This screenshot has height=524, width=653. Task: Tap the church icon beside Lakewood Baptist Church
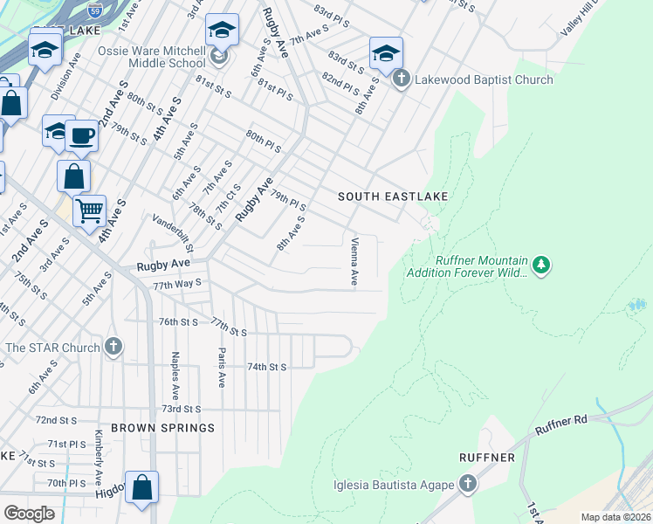point(401,79)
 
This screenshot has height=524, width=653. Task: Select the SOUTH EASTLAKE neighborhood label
point(393,196)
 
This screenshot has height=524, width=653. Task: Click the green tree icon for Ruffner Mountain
point(541,264)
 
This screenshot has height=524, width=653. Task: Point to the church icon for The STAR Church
point(113,347)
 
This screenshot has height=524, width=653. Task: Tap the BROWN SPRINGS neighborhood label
point(163,428)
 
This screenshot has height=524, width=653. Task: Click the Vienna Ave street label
point(354,261)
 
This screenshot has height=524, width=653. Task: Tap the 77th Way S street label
point(177,284)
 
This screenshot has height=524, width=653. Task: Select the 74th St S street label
point(267,368)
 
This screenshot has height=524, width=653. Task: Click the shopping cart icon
point(89,210)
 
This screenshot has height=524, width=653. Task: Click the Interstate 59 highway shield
point(95,11)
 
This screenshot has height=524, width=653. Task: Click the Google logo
point(30,514)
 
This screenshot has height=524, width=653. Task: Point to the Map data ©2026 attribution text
point(615,517)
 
